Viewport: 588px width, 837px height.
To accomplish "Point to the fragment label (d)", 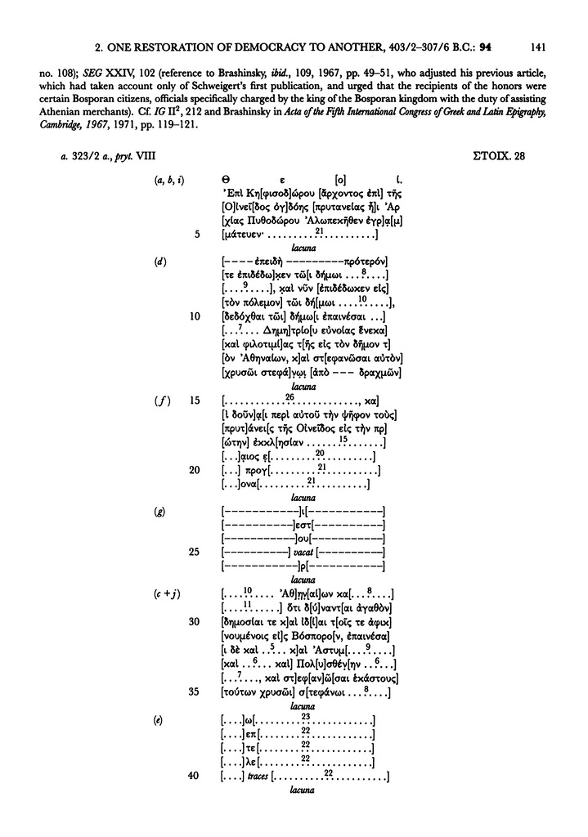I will [x=160, y=261].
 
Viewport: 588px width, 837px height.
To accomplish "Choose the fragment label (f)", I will [x=160, y=401].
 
